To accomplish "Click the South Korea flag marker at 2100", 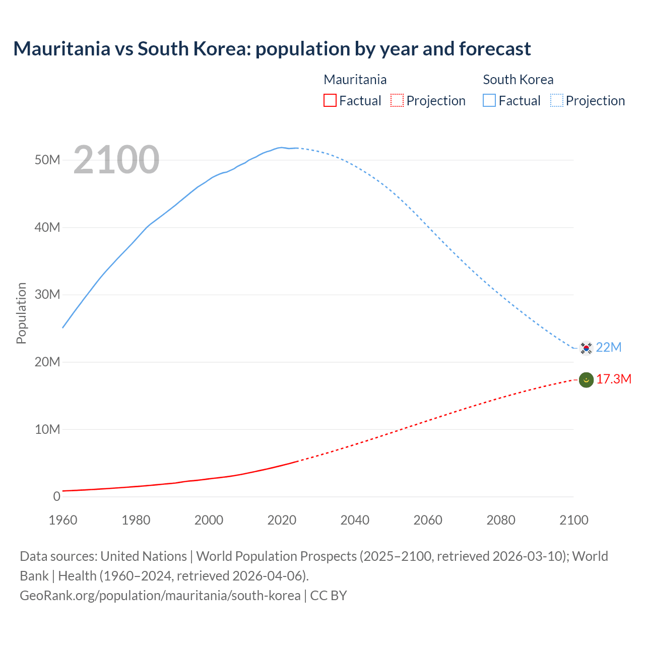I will (x=586, y=348).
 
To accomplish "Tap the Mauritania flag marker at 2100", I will (x=586, y=379).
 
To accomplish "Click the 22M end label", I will (x=609, y=347).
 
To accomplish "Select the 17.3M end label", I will (x=613, y=379).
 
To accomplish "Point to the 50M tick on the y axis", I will (x=47, y=160).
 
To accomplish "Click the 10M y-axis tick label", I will (x=47, y=429).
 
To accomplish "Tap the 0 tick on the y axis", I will (x=56, y=496).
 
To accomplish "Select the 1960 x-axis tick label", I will (x=63, y=520).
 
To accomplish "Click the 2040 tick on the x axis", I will (x=355, y=520).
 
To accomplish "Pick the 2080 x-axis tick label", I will (x=501, y=520).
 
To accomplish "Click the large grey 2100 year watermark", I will (x=116, y=160).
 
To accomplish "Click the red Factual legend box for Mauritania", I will (x=330, y=100).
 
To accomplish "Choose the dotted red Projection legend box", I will (x=397, y=100).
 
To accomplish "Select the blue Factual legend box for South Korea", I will (x=489, y=100).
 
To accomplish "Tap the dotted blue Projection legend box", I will (x=557, y=100).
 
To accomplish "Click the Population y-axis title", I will (x=21, y=313).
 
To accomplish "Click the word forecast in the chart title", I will (x=495, y=49).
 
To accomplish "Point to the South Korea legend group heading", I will (x=518, y=80).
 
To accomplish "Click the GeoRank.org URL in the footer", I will (x=160, y=595).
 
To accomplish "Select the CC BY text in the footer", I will (x=329, y=595).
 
